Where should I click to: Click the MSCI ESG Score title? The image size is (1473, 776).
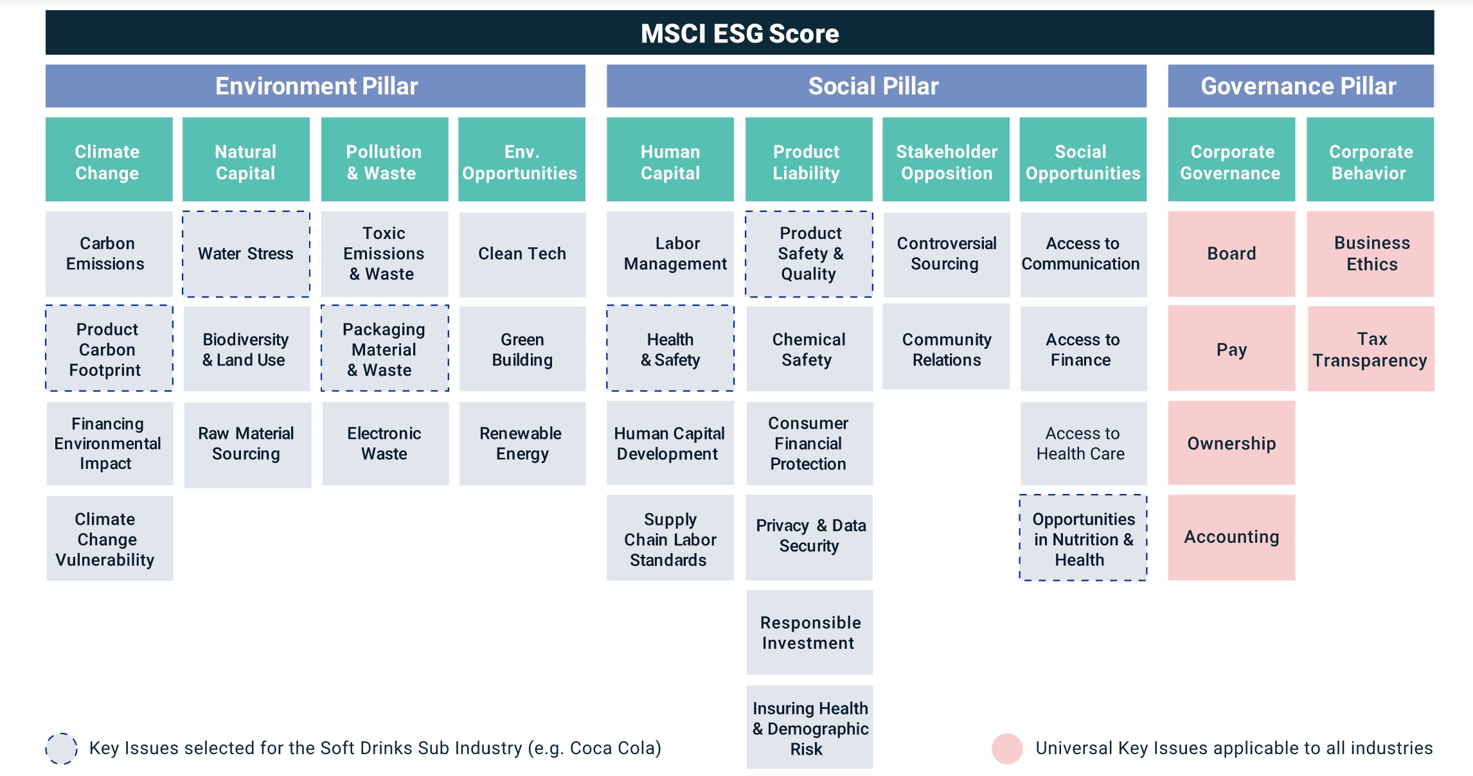740,33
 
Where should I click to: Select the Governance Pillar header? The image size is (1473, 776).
1301,85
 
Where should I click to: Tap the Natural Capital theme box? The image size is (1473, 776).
245,159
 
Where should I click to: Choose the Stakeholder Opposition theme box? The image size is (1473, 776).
946,159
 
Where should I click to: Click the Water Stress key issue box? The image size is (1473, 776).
245,254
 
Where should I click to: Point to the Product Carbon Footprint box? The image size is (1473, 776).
109,348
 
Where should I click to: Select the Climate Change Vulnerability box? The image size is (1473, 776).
109,538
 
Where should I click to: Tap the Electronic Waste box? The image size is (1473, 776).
385,443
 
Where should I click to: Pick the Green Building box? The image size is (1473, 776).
522,349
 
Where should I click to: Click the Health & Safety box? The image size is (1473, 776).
670,348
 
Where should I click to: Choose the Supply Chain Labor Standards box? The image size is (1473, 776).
670,538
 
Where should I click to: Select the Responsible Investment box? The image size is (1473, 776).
810,632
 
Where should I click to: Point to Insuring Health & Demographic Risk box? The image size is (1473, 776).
810,727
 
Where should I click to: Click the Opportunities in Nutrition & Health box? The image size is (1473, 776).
1083,538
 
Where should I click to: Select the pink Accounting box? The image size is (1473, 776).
1231,538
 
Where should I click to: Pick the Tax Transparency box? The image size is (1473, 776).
1371,349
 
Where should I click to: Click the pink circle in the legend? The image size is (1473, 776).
1007,748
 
